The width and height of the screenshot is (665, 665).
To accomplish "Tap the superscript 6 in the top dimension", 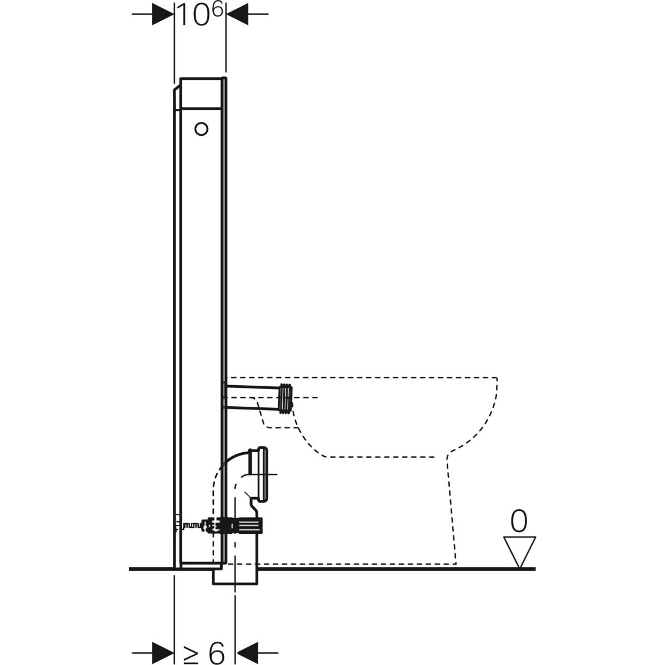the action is [x=217, y=10].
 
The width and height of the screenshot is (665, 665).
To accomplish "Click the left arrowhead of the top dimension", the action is [x=163, y=15].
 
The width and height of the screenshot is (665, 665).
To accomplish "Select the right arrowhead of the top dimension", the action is [x=237, y=15].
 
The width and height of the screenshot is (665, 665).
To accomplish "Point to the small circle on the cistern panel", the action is [x=201, y=129].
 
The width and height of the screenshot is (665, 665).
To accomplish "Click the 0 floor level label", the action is [x=518, y=521].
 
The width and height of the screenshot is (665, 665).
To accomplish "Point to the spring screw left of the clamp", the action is [x=192, y=524].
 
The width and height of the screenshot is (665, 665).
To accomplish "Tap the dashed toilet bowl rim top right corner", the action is [x=495, y=380].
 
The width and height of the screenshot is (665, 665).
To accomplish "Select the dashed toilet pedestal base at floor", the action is [x=355, y=563].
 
